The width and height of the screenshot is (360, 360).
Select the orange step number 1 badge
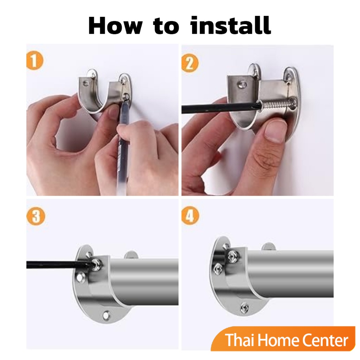point(35,61)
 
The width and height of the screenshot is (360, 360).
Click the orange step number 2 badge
point(189,63)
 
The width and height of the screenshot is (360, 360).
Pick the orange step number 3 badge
point(36,216)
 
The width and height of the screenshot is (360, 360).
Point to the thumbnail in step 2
point(275,130)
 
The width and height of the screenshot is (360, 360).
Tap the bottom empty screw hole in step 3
point(106,315)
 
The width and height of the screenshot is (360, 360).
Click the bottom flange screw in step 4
point(245,308)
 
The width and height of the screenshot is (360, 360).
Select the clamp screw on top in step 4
point(233,256)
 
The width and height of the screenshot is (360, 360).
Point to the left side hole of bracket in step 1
point(87,83)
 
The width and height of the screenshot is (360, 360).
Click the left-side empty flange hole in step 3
point(79,277)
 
